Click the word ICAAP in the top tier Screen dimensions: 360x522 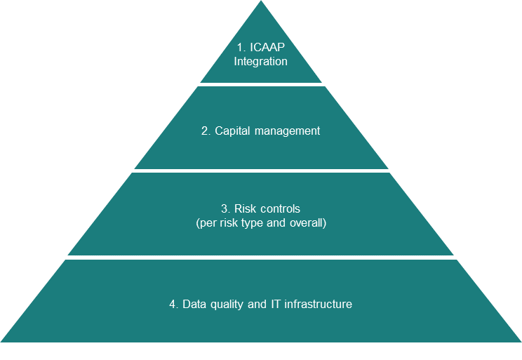267,48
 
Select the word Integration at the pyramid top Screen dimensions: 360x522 261,61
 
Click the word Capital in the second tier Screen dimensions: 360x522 233,131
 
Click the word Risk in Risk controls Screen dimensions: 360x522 243,209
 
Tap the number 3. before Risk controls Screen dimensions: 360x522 225,209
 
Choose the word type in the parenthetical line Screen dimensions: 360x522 256,223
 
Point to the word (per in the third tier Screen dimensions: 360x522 206,223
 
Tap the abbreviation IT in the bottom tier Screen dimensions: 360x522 275,305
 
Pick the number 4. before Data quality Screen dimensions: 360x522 174,305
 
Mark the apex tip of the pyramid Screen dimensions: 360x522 261,2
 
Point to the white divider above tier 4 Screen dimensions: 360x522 261,258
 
